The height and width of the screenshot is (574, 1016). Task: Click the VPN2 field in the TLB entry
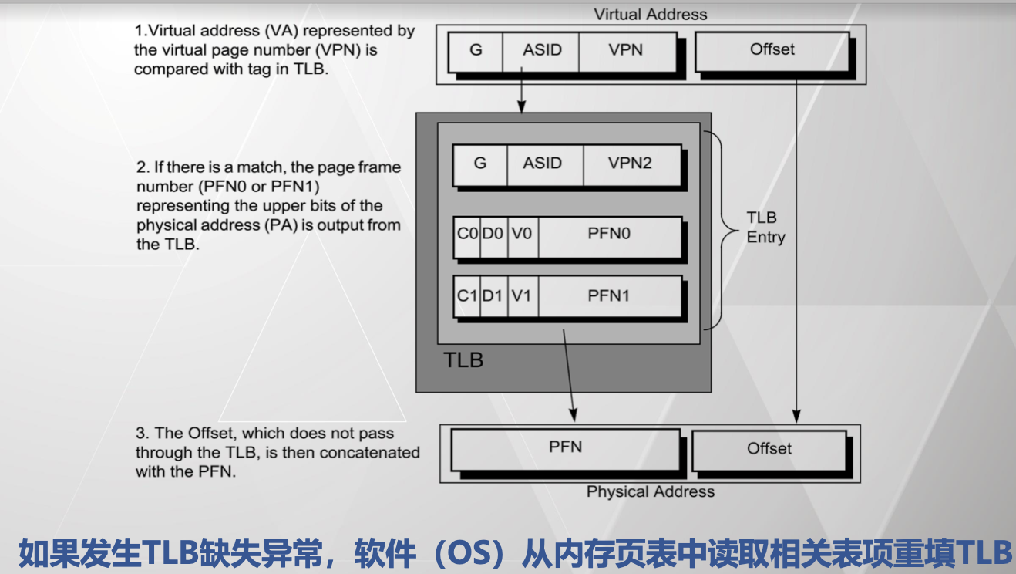click(x=630, y=164)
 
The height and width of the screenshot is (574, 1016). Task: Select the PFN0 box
click(x=609, y=234)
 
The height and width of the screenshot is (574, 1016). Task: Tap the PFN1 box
click(x=609, y=295)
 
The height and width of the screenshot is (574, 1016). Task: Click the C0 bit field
click(x=467, y=234)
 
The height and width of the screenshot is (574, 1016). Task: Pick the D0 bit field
click(x=493, y=234)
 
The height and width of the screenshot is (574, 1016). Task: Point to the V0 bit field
click(x=522, y=234)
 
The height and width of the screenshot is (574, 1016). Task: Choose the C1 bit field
click(x=467, y=295)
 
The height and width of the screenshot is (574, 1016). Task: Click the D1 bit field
click(x=493, y=295)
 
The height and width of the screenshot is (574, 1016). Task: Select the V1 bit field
click(x=522, y=295)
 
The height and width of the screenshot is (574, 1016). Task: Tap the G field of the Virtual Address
click(x=476, y=50)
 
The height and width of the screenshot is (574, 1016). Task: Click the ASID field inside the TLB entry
click(x=543, y=164)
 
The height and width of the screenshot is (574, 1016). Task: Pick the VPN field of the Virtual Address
click(x=626, y=50)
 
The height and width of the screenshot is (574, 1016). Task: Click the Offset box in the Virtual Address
click(x=772, y=50)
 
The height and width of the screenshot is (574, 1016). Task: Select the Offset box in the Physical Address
click(x=769, y=449)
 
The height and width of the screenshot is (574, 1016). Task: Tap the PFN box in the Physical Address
click(x=565, y=447)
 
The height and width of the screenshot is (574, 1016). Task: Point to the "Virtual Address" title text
click(x=651, y=14)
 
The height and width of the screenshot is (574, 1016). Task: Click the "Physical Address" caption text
click(x=651, y=491)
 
